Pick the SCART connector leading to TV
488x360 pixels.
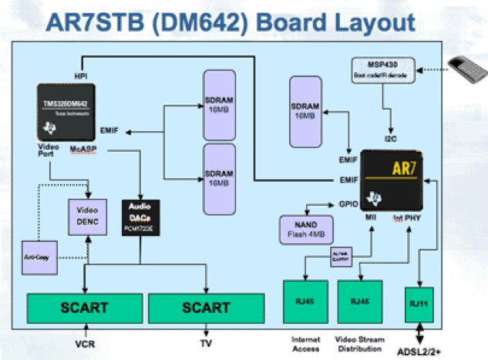[206, 308]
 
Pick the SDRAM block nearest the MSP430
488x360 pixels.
[308, 111]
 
